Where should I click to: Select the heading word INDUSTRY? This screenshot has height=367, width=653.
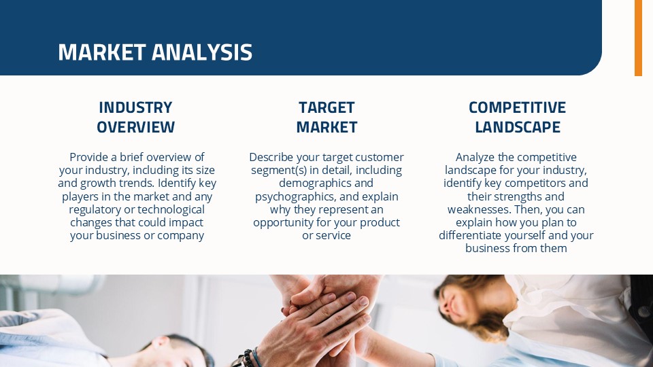[135, 107]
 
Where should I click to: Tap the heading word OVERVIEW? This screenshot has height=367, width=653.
[135, 127]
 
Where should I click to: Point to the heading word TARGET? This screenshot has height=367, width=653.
[326, 107]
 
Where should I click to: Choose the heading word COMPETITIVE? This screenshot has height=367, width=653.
[517, 107]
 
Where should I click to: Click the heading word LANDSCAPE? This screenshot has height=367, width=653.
[517, 127]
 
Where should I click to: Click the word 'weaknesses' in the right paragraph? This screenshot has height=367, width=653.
[479, 209]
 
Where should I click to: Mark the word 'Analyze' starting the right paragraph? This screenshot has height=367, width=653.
[475, 157]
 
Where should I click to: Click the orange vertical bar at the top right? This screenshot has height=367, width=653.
[638, 37]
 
